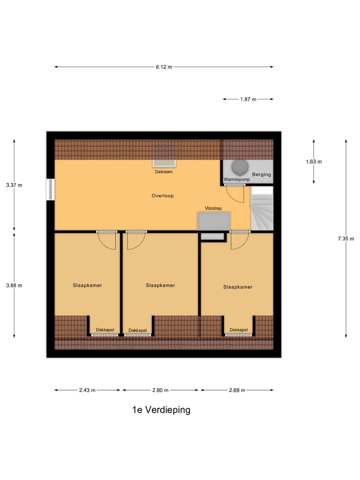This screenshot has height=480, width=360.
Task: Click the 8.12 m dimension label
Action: (x=163, y=67)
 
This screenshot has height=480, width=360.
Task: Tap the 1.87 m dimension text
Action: (x=248, y=99)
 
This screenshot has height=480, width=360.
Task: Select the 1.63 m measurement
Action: (x=314, y=161)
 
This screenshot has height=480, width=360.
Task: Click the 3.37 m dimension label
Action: (x=14, y=185)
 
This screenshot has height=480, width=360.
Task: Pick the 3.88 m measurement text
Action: (x=14, y=285)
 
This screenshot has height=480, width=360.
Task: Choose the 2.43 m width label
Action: (x=87, y=390)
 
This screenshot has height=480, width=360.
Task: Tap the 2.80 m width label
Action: (x=160, y=390)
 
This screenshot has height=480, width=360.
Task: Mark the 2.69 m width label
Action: (x=236, y=390)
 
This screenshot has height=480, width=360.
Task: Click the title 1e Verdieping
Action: (x=161, y=410)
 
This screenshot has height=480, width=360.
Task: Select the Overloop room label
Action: (x=162, y=195)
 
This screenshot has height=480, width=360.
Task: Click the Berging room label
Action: (x=261, y=174)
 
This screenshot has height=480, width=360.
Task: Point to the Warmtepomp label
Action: (x=236, y=179)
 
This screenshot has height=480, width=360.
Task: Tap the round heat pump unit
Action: (x=238, y=166)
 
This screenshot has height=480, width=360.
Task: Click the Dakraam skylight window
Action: (x=164, y=155)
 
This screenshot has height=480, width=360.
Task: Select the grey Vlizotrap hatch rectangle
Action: (x=214, y=221)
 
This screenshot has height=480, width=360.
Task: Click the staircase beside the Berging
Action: (x=262, y=209)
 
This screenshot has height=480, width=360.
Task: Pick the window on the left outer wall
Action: (x=50, y=189)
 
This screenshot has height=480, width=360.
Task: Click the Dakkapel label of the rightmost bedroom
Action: (x=238, y=329)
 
